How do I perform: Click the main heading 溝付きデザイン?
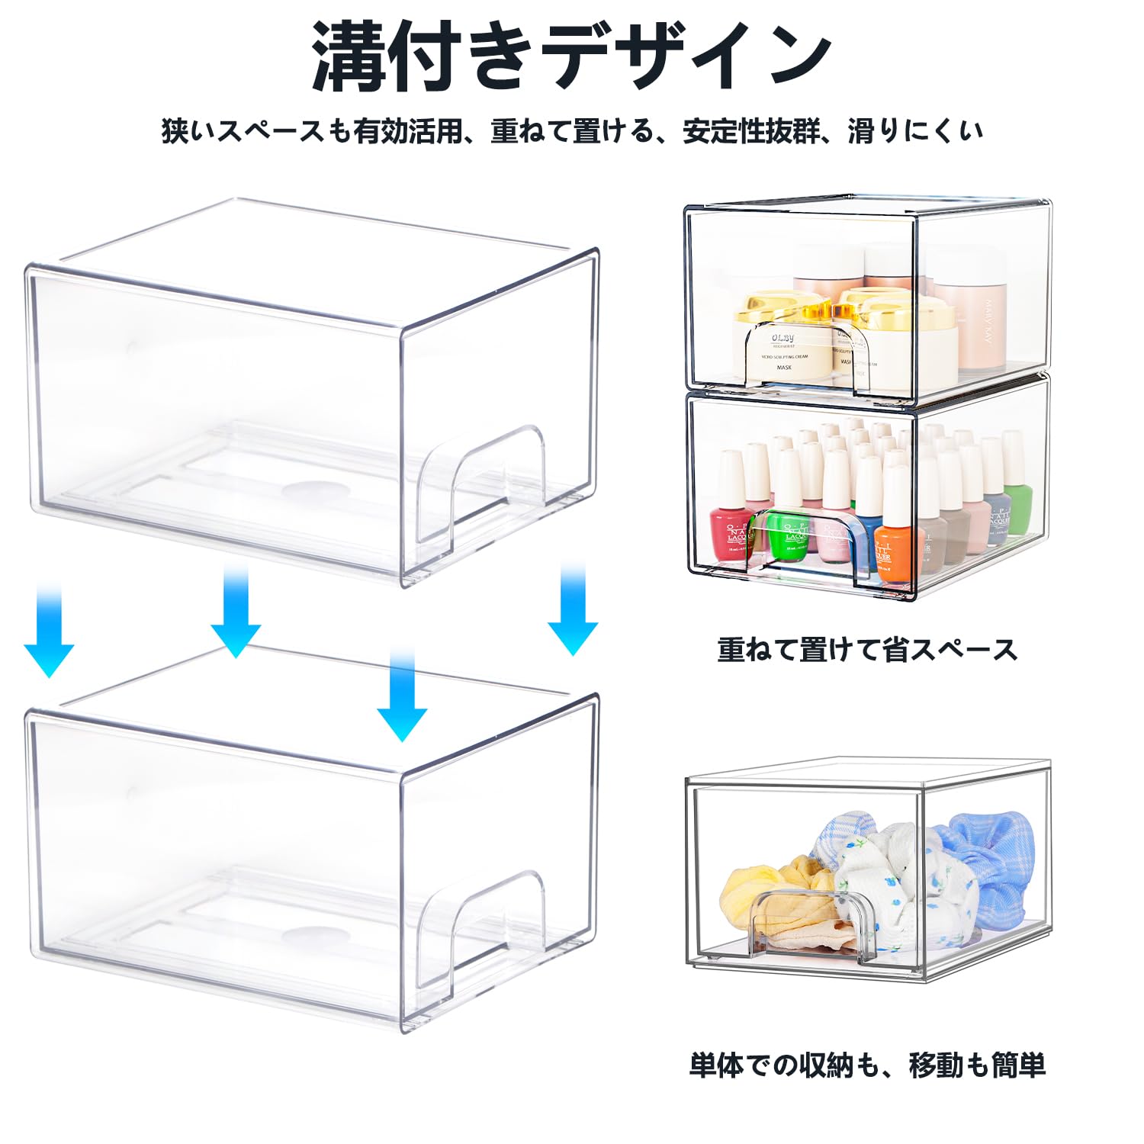tap(571, 57)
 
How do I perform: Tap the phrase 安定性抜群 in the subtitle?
tap(751, 131)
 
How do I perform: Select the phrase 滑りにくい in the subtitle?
tap(915, 131)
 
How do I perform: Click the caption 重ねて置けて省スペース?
tap(867, 650)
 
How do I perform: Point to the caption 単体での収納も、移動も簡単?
tap(867, 1065)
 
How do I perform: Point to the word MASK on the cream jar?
tap(784, 368)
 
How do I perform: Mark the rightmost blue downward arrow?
tap(573, 610)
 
